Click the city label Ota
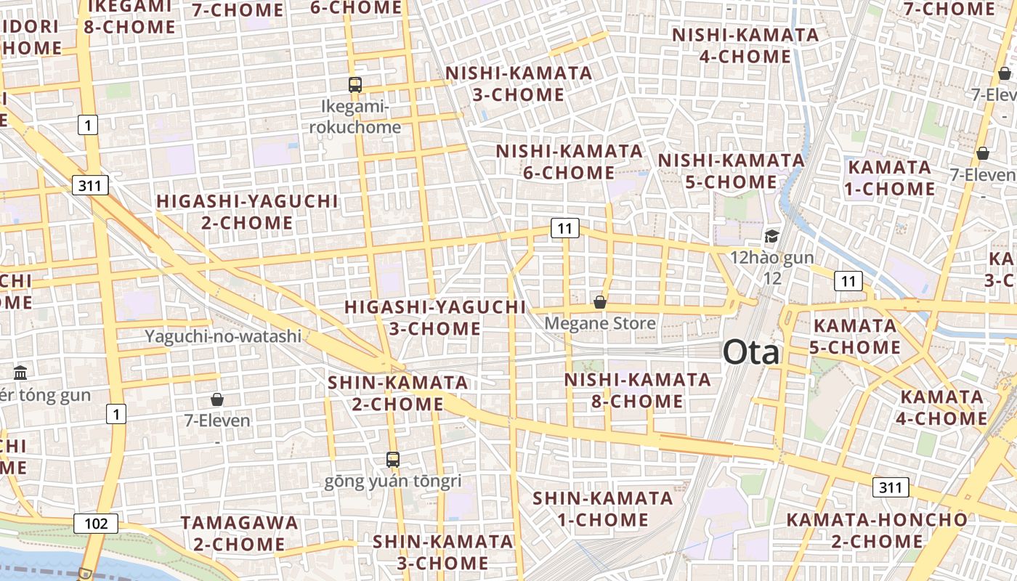(751, 353)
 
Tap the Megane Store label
(600, 323)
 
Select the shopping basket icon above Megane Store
(600, 302)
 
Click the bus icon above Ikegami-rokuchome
(354, 85)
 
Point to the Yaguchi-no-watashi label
(223, 336)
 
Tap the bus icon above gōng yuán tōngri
(393, 459)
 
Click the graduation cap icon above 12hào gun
(771, 237)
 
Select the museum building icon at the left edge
(20, 373)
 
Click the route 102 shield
(96, 523)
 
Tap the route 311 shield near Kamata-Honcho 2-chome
(891, 487)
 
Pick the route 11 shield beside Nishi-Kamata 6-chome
(564, 229)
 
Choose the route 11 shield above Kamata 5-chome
(848, 281)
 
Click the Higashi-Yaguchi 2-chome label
(248, 211)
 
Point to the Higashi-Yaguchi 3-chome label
(435, 317)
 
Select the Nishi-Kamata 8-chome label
(637, 390)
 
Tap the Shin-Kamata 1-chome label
(602, 509)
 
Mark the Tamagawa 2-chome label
(239, 533)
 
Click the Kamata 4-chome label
(944, 407)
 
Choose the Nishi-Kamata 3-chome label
(519, 84)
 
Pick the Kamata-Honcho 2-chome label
(877, 530)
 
